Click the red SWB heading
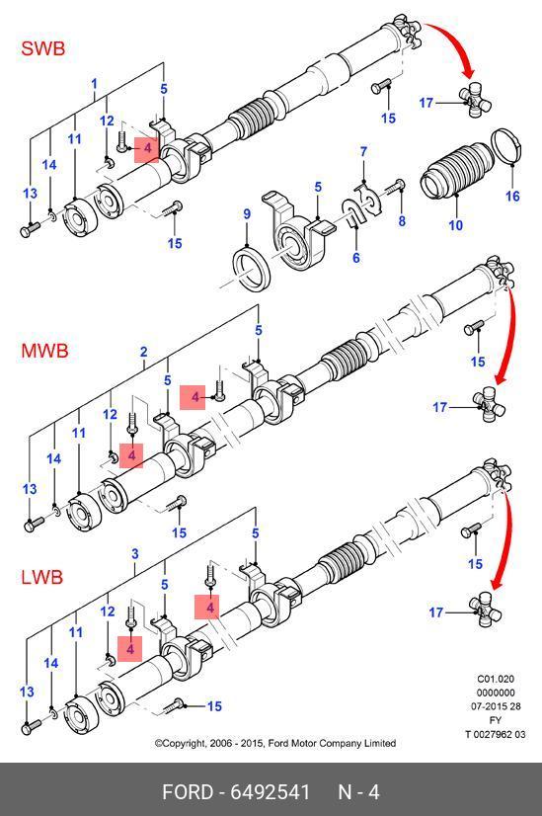pyautogui.click(x=43, y=48)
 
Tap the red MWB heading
pyautogui.click(x=44, y=351)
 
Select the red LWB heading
pyautogui.click(x=42, y=577)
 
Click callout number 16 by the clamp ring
pyautogui.click(x=512, y=196)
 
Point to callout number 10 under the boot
pyautogui.click(x=456, y=225)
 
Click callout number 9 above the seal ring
pyautogui.click(x=247, y=214)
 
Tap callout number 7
pyautogui.click(x=363, y=152)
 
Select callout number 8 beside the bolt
pyautogui.click(x=402, y=220)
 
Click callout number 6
pyautogui.click(x=356, y=257)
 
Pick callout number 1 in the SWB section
pyautogui.click(x=94, y=84)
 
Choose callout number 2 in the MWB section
pyautogui.click(x=143, y=352)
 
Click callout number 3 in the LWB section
pyautogui.click(x=134, y=553)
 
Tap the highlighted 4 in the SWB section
pyautogui.click(x=147, y=149)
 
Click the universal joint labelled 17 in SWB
pyautogui.click(x=474, y=101)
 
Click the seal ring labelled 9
pyautogui.click(x=251, y=267)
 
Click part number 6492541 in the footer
pyautogui.click(x=270, y=792)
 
